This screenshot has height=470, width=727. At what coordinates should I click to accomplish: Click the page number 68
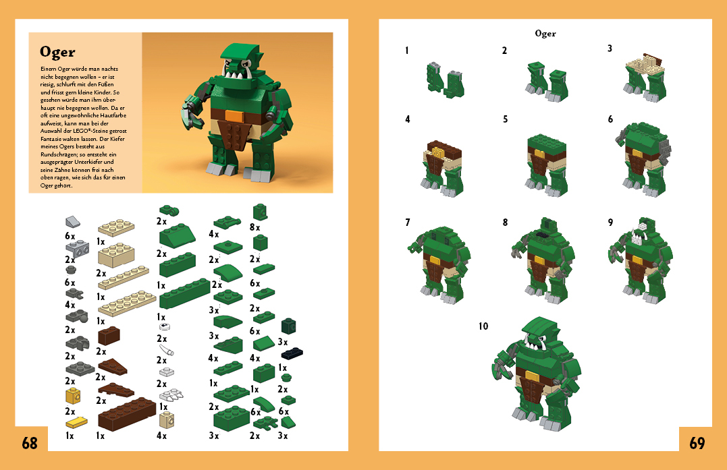[30, 443]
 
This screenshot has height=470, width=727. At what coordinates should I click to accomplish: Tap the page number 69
[697, 443]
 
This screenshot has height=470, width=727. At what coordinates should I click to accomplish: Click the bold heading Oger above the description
[57, 53]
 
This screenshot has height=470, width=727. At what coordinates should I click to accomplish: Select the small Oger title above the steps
[545, 33]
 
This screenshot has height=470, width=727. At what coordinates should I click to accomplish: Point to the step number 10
[483, 326]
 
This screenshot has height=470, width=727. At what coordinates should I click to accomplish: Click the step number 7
[408, 223]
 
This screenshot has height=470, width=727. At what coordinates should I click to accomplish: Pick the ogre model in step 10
[537, 373]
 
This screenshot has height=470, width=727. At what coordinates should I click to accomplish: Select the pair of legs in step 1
[445, 80]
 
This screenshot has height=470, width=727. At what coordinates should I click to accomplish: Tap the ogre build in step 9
[641, 260]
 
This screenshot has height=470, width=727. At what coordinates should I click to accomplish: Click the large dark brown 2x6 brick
[127, 414]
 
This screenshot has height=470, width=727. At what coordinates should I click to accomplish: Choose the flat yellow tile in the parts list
[76, 422]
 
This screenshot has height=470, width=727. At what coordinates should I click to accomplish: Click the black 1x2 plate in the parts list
[292, 353]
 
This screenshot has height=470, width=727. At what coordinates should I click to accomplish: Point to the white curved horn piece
[167, 349]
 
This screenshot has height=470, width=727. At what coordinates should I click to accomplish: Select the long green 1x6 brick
[184, 293]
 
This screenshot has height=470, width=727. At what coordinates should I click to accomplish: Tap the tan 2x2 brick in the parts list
[116, 256]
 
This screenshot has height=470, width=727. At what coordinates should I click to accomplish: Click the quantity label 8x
[254, 227]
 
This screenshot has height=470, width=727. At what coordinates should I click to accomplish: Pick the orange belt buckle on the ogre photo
[232, 116]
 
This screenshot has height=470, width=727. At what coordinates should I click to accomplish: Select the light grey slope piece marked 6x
[73, 223]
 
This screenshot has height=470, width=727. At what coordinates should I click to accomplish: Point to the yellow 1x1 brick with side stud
[73, 396]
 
